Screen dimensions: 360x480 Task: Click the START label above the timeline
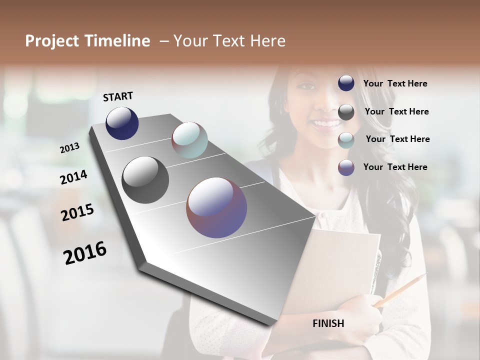[x=118, y=96]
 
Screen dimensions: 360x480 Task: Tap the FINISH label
[x=328, y=323]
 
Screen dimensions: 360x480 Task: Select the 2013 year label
[x=69, y=148]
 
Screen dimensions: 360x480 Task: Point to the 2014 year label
[x=73, y=177]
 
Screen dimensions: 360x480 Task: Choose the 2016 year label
[x=85, y=253]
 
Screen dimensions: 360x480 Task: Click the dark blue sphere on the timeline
[x=122, y=123]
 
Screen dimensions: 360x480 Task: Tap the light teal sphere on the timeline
[x=189, y=140]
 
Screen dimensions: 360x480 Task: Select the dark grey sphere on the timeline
[x=145, y=180]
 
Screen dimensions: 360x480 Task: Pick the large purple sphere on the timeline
[x=216, y=207]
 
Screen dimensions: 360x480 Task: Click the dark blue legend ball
[x=346, y=83]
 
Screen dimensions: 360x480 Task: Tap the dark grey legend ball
[x=346, y=112]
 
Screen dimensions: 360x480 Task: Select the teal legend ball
[x=346, y=140]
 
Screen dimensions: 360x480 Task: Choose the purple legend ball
[x=346, y=167]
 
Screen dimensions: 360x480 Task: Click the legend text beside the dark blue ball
[x=395, y=83]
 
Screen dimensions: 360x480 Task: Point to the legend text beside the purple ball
[x=395, y=167]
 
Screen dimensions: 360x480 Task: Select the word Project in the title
[x=52, y=41]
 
